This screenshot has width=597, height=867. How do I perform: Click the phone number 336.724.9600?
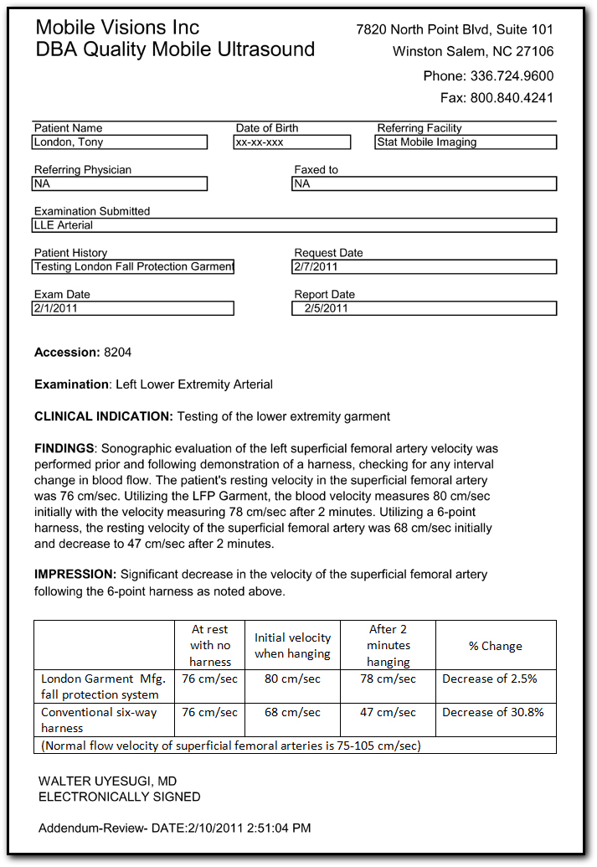pos(512,76)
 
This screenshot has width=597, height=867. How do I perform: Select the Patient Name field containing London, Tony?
pos(119,142)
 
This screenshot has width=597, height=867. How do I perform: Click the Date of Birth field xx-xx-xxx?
pos(292,142)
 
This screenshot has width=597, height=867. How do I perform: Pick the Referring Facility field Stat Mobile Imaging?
pos(466,142)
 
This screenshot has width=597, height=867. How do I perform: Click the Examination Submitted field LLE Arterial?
pos(293,225)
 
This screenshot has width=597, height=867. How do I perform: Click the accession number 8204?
pos(117,353)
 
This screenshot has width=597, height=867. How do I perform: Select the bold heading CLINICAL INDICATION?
pos(104,416)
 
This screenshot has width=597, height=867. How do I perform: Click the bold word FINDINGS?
pos(65,449)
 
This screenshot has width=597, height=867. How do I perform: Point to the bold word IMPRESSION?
pos(75,575)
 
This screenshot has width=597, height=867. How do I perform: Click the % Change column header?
pos(495,646)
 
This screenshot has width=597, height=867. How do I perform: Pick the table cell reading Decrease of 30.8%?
pos(493,712)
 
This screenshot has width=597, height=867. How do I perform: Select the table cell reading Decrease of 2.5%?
pos(490,679)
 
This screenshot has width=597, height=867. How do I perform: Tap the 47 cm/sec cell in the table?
pos(388,712)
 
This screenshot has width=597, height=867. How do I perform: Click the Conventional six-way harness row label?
pos(98,720)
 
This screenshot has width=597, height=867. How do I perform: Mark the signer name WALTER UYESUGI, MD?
pos(107,782)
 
